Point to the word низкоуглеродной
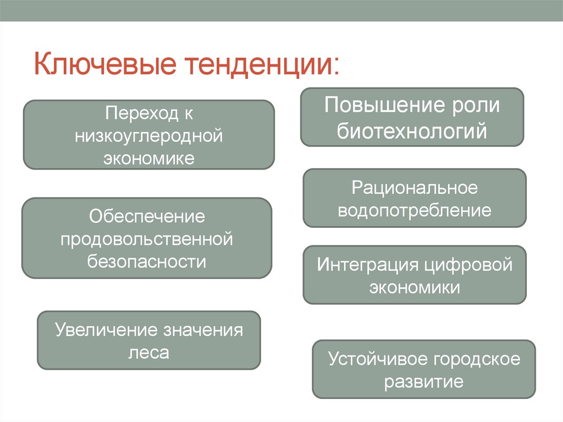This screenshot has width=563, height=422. pyautogui.click(x=148, y=136)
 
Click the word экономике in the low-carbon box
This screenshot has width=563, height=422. pyautogui.click(x=148, y=158)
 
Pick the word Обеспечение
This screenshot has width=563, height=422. pyautogui.click(x=147, y=216)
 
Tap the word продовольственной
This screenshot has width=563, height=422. pyautogui.click(x=147, y=239)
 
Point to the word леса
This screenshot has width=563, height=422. pyautogui.click(x=148, y=352)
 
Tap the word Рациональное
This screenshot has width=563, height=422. pyautogui.click(x=415, y=188)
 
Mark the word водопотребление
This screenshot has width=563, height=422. pyautogui.click(x=415, y=210)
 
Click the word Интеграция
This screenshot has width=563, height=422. pyautogui.click(x=367, y=265)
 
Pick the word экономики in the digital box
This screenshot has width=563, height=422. pyautogui.click(x=415, y=287)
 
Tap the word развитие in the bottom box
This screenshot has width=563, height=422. pyautogui.click(x=423, y=381)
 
